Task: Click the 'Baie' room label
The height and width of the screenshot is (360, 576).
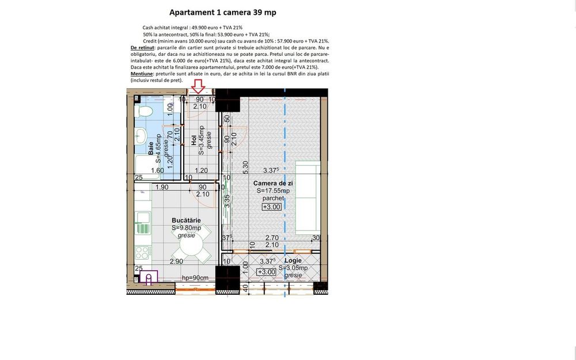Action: coord(150,148)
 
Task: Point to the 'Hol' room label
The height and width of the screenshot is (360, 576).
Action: coord(194,141)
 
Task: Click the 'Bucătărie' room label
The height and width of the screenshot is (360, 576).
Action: coord(186,221)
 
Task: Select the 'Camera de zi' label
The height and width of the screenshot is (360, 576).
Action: coord(273,183)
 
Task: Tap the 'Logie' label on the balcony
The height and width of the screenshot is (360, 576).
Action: coord(293,260)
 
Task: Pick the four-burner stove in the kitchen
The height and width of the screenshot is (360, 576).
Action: coord(142,252)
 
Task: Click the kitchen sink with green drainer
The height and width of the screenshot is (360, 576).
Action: coord(143,223)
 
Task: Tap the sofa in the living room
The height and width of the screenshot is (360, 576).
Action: coord(308,198)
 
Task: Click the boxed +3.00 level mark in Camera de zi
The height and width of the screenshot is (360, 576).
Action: coord(272,207)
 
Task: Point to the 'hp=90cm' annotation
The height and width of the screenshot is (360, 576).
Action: coord(195,278)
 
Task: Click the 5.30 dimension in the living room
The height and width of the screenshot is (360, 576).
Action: coord(245,168)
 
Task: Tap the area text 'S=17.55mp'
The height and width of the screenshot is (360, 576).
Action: coord(273,191)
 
